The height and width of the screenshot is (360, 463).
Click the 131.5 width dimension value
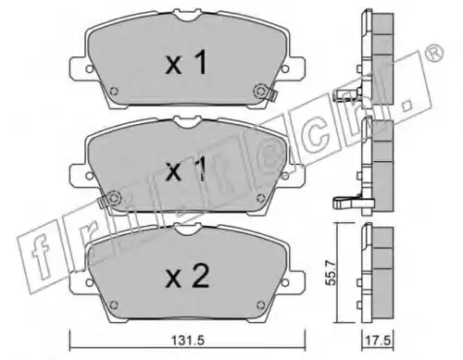click(188, 341)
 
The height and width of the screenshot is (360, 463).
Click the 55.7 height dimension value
click(332, 272)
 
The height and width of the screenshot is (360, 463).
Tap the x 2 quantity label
click(187, 277)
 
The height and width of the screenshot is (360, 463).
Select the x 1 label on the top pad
click(186, 63)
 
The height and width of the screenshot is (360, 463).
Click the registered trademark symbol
click(434, 54)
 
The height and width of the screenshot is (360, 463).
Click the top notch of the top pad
click(188, 16)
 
